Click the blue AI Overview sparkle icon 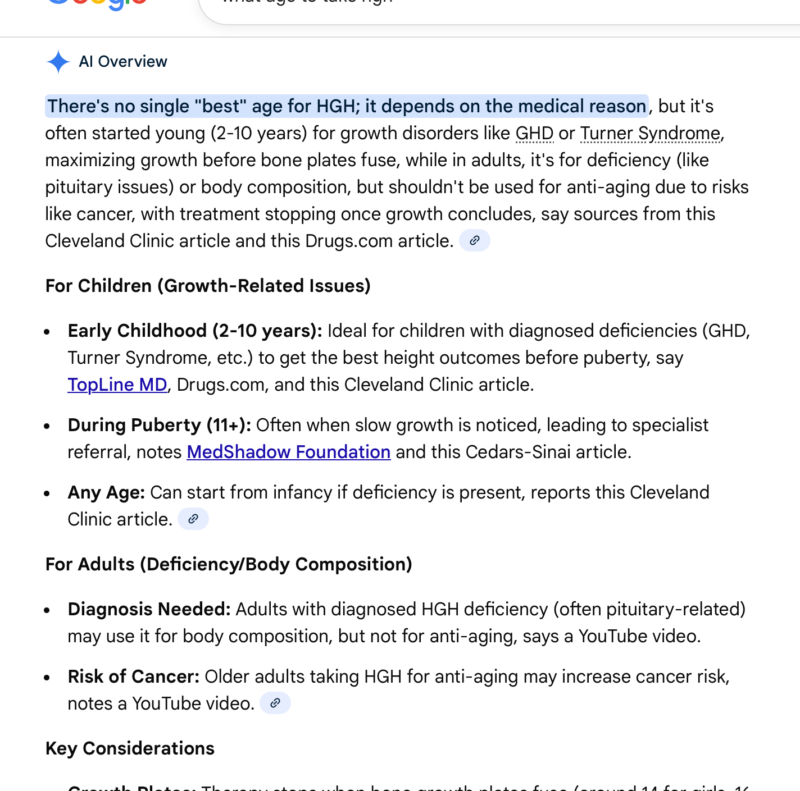pyautogui.click(x=58, y=62)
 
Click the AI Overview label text pyautogui.click(x=123, y=62)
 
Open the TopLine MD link pyautogui.click(x=117, y=385)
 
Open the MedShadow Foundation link pyautogui.click(x=288, y=452)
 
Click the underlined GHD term pyautogui.click(x=534, y=134)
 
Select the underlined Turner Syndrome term pyautogui.click(x=650, y=134)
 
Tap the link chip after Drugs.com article pyautogui.click(x=475, y=241)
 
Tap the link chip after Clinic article pyautogui.click(x=193, y=519)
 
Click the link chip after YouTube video pyautogui.click(x=275, y=703)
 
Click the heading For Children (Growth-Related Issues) pyautogui.click(x=208, y=286)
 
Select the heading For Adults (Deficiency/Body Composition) pyautogui.click(x=229, y=564)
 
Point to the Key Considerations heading pyautogui.click(x=130, y=748)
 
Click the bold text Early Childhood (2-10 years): pyautogui.click(x=195, y=331)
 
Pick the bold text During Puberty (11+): pyautogui.click(x=160, y=425)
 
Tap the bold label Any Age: pyautogui.click(x=106, y=492)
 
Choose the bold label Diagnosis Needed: pyautogui.click(x=149, y=609)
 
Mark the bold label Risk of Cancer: pyautogui.click(x=133, y=676)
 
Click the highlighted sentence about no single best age pyautogui.click(x=346, y=106)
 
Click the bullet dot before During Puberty pyautogui.click(x=47, y=427)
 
